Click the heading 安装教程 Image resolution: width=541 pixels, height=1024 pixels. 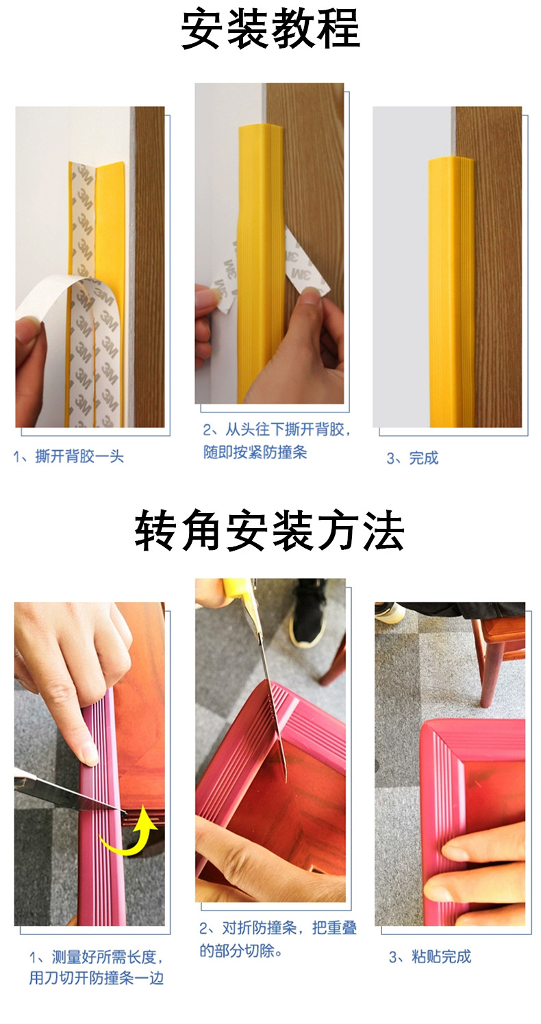(270, 29)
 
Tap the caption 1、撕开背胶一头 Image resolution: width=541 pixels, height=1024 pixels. (68, 456)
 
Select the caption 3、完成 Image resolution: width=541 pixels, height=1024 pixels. (413, 458)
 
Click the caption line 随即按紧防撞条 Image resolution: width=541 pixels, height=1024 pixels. (255, 453)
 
